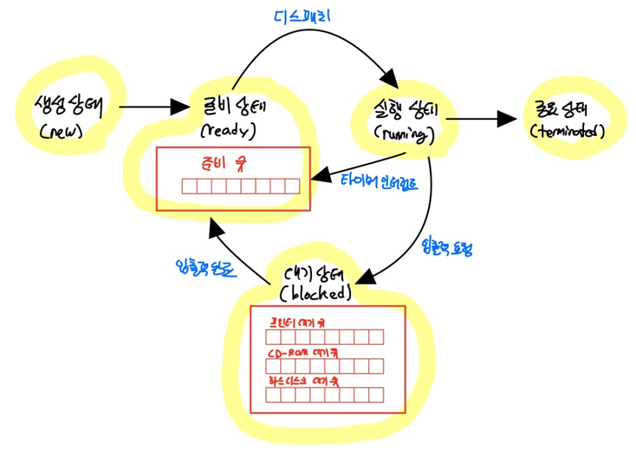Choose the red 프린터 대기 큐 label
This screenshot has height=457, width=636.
click(x=297, y=321)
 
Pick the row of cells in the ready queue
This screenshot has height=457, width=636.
click(x=240, y=186)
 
